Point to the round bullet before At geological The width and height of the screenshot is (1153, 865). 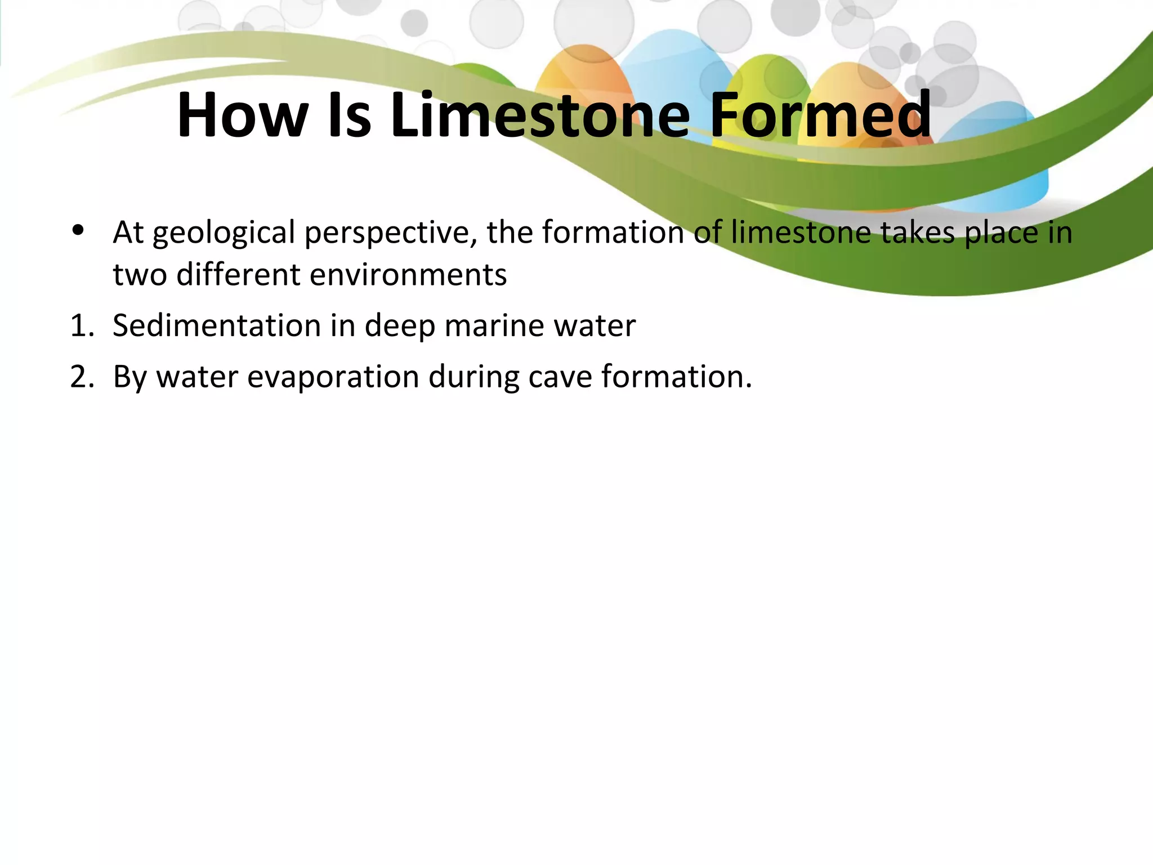[x=78, y=230]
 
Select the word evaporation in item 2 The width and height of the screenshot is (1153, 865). [x=333, y=377]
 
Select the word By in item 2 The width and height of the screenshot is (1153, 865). [x=129, y=378]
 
